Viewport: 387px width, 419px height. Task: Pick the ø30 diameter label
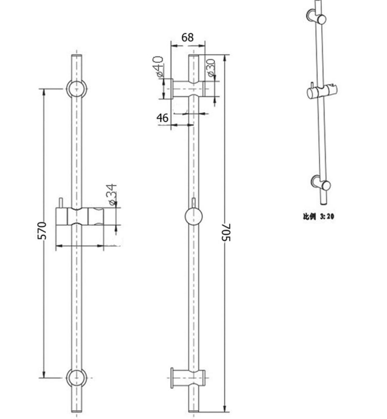pos(211,68)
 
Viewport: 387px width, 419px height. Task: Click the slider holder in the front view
pos(80,217)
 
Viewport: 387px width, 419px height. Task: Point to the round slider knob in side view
pos(193,218)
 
